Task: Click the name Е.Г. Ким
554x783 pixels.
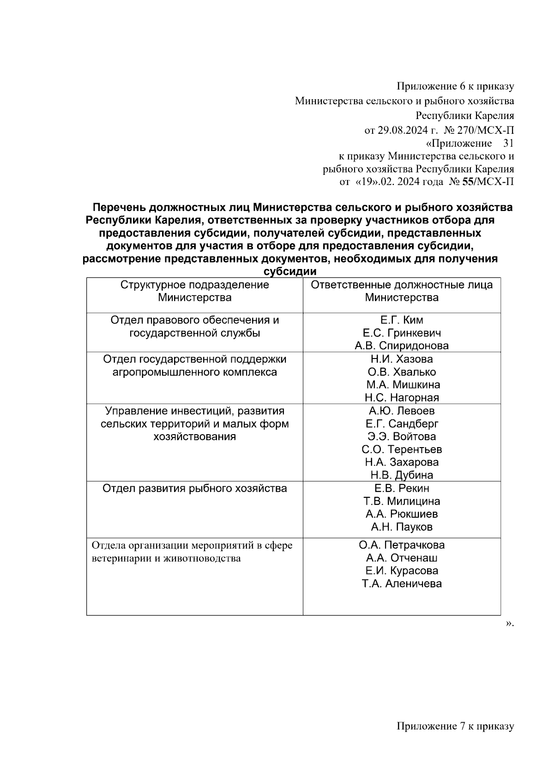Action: click(x=401, y=320)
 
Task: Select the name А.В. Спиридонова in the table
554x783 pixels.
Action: click(x=401, y=346)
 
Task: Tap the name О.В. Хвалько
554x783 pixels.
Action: click(x=401, y=372)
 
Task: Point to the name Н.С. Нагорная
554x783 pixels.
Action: click(x=401, y=397)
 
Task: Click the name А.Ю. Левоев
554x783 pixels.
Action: click(x=401, y=411)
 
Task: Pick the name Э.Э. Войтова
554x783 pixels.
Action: click(x=401, y=436)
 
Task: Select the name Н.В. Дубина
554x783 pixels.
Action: click(x=401, y=475)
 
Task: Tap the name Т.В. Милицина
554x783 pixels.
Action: click(x=401, y=501)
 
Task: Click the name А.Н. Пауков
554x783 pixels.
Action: click(x=401, y=527)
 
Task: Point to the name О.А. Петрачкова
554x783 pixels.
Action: click(x=401, y=545)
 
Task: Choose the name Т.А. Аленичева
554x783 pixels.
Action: click(x=401, y=584)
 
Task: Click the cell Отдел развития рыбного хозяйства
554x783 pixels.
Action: click(x=194, y=488)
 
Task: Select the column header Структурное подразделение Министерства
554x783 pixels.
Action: click(x=194, y=291)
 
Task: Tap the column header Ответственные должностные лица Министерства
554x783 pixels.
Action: click(x=401, y=291)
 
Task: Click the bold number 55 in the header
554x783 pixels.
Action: click(x=468, y=182)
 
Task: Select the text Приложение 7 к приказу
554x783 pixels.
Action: click(x=455, y=726)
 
